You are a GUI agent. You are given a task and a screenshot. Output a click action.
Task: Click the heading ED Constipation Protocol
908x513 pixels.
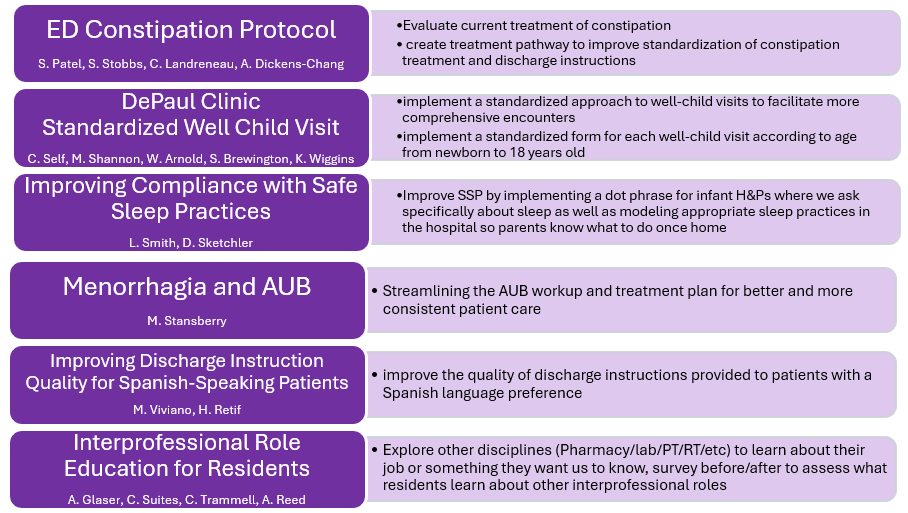pyautogui.click(x=191, y=30)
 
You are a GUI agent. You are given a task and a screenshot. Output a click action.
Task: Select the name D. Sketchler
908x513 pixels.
pyautogui.click(x=218, y=243)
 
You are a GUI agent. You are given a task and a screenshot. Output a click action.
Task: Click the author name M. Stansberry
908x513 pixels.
pyautogui.click(x=186, y=321)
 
